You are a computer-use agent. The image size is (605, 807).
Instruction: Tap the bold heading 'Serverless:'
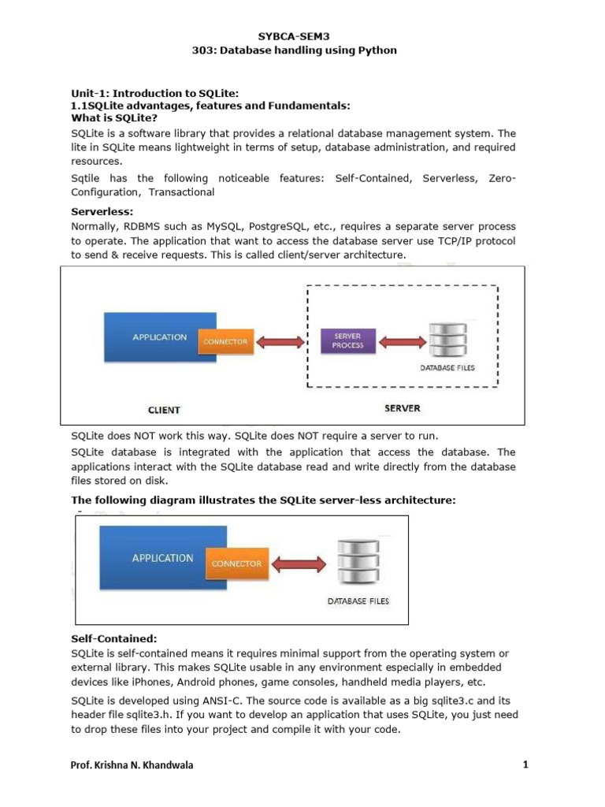(102, 212)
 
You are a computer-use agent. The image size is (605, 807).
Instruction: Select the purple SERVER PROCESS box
(348, 340)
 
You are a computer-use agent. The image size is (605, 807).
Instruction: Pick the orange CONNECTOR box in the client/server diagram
(225, 341)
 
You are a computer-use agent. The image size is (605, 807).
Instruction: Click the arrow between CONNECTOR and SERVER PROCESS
(287, 341)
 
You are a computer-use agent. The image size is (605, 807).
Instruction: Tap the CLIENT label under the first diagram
(164, 410)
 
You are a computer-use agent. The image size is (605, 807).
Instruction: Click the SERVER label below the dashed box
(402, 408)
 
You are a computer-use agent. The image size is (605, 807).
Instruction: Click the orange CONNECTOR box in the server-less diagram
(236, 563)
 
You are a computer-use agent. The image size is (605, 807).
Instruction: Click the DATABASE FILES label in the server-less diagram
(358, 601)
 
